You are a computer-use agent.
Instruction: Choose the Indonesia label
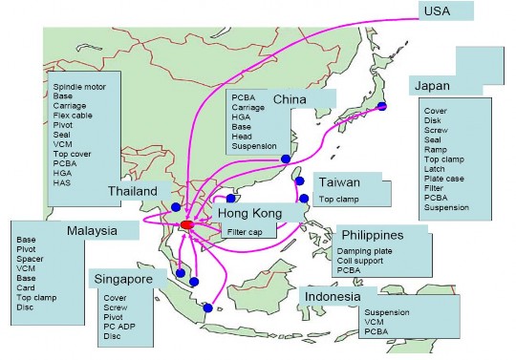333,297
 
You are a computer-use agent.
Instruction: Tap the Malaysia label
92,231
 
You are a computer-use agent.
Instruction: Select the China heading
290,100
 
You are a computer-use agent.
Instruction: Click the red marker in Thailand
185,225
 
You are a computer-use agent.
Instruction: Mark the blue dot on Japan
382,106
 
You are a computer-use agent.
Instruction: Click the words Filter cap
245,232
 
